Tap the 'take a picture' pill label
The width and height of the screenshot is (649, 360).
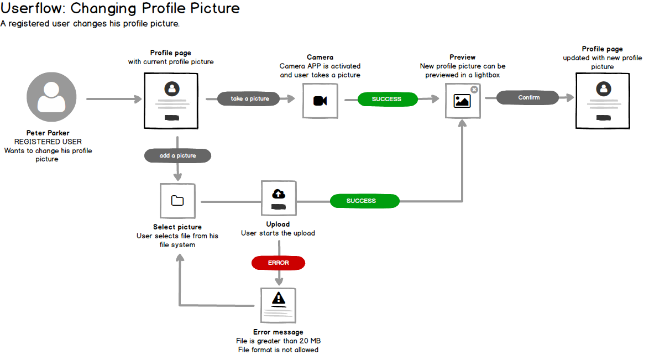click(x=250, y=99)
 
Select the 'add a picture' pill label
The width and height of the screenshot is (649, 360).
click(x=177, y=156)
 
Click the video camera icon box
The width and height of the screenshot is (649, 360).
click(x=320, y=101)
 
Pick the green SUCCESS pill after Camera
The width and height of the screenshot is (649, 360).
click(x=386, y=99)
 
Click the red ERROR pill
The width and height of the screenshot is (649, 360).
click(x=278, y=263)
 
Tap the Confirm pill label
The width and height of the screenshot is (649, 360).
click(x=528, y=98)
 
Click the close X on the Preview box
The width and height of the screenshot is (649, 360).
click(x=474, y=90)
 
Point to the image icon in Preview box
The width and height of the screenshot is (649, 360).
click(x=462, y=101)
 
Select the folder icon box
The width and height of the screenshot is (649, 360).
click(x=177, y=201)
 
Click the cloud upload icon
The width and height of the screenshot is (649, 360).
click(x=279, y=194)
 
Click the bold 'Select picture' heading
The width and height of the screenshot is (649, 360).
click(x=177, y=227)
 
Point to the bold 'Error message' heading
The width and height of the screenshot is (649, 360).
click(x=278, y=332)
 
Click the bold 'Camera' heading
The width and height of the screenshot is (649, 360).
click(x=320, y=57)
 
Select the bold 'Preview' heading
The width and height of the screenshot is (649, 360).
click(x=462, y=57)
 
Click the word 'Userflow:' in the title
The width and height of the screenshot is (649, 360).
click(x=33, y=9)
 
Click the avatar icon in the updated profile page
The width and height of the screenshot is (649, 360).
click(x=603, y=88)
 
